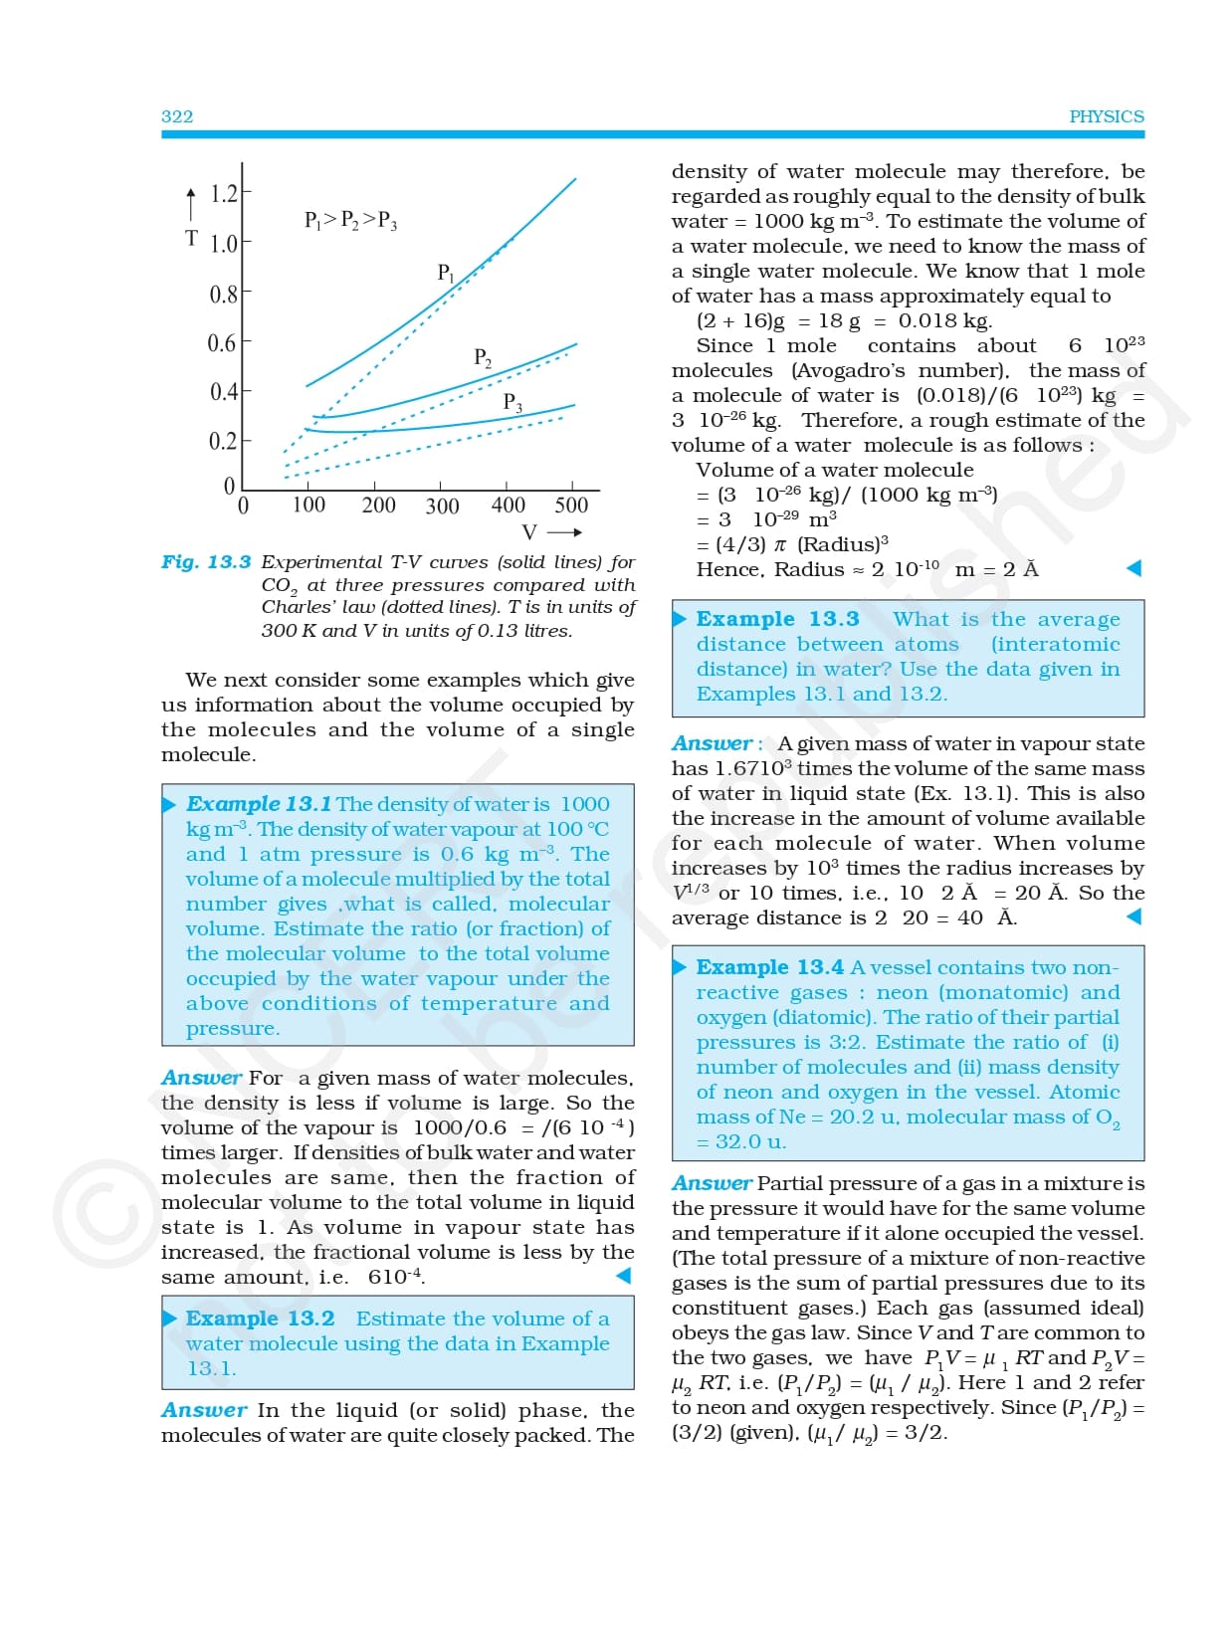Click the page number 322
pos(177,116)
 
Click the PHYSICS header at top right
pos(1106,116)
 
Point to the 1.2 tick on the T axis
pos(224,193)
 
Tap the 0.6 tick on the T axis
pos(221,343)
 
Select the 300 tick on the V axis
pos(442,507)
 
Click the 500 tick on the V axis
pos(571,506)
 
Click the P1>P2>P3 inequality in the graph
pos(350,220)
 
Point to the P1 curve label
pos(446,272)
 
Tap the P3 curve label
pos(513,402)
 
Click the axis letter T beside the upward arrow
pos(191,239)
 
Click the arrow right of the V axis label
pos(564,532)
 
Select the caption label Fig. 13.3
pos(206,562)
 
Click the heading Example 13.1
pos(259,804)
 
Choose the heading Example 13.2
pos(261,1319)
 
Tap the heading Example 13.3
pos(777,619)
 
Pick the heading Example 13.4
pos(769,967)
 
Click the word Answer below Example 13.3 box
pos(712,743)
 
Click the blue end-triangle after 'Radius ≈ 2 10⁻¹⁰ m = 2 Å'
pos(1132,568)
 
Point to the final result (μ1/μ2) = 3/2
pos(876,1433)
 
